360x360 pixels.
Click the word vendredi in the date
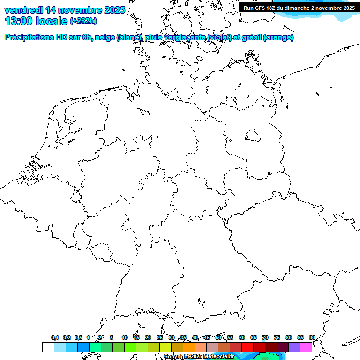24,9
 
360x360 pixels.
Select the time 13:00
19,21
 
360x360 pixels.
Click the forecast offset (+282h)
83,21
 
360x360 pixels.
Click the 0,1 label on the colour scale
55,337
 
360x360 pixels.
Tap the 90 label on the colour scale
312,337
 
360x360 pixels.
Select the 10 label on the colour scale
125,337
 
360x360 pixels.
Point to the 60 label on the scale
242,337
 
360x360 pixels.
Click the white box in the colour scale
48,347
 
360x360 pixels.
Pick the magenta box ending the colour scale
306,347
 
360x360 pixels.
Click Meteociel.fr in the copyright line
218,357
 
